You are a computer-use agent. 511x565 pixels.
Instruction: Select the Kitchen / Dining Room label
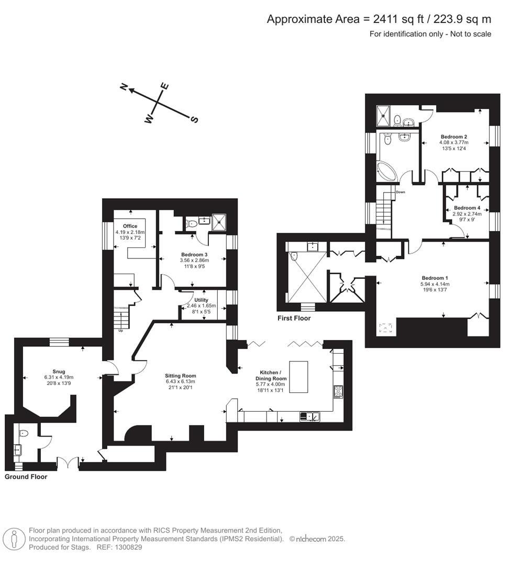coord(271,378)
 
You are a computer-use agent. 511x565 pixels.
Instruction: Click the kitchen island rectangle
coord(299,376)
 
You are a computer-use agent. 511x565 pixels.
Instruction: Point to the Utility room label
coord(201,300)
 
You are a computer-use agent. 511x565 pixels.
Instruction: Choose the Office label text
coord(130,226)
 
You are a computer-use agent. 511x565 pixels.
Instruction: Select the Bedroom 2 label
coord(454,137)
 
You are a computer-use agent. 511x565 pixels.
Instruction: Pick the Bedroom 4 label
coord(467,208)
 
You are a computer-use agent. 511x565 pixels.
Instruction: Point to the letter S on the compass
coord(194,120)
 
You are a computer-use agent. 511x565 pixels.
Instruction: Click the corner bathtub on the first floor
coord(388,172)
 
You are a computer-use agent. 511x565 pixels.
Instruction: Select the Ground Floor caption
coord(26,477)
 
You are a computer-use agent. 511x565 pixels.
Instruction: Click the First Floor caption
coord(295,318)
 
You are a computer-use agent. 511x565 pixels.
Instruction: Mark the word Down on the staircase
coord(401,192)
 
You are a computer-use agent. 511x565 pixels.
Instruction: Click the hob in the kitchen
coord(338,392)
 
